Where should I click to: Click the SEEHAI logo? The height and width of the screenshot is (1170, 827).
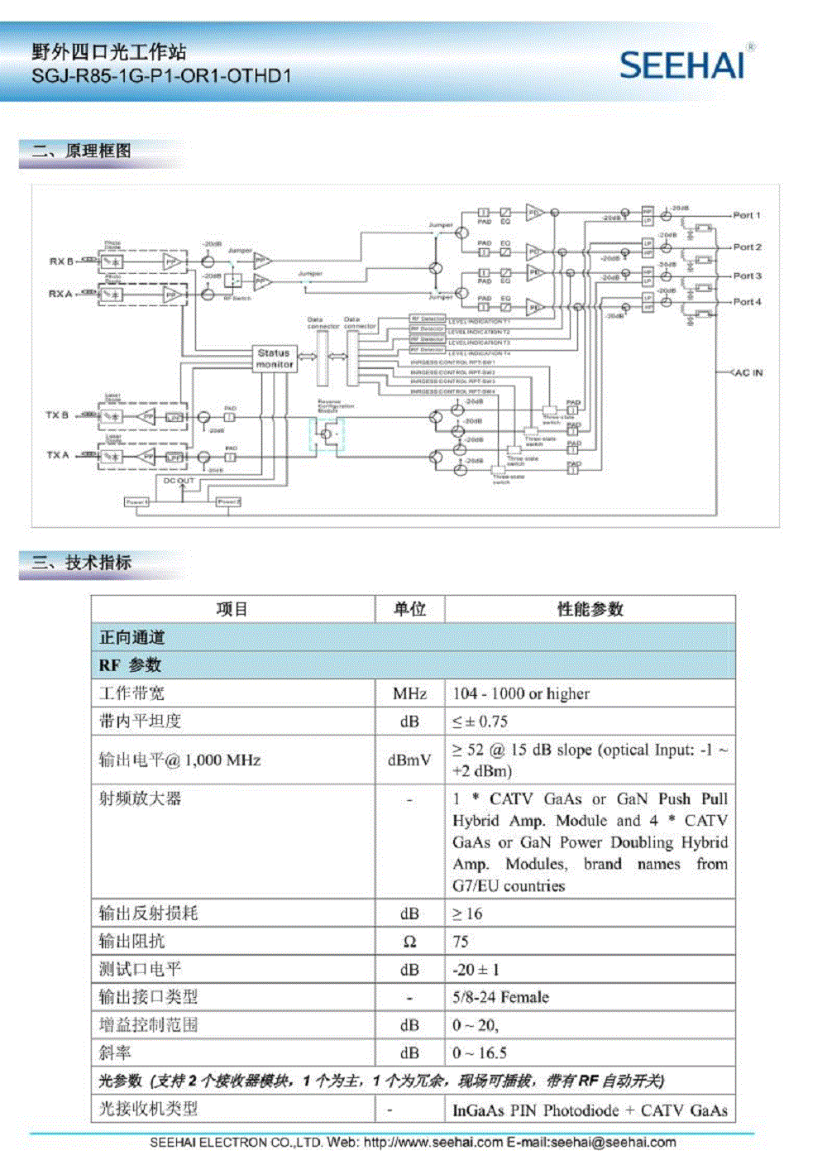(x=683, y=65)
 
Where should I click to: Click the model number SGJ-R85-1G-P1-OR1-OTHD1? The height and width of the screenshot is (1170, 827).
(x=161, y=77)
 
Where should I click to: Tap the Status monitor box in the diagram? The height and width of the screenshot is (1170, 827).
(x=274, y=358)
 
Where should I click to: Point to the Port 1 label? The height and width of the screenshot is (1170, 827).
(x=746, y=215)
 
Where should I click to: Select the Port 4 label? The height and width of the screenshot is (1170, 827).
(x=747, y=302)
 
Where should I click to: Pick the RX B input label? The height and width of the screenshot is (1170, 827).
(x=60, y=261)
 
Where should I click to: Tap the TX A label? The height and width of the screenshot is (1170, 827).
(x=57, y=455)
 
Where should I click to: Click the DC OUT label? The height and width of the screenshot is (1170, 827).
(x=179, y=481)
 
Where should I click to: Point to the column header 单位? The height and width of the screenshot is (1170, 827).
(x=409, y=609)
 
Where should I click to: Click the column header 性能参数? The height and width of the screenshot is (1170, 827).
(x=590, y=609)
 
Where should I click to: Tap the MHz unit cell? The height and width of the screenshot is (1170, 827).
(x=409, y=693)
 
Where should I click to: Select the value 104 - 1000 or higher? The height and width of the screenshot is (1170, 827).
(x=521, y=693)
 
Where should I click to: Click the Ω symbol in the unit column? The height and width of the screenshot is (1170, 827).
(x=409, y=942)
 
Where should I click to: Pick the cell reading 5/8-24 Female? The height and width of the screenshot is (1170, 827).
(x=500, y=997)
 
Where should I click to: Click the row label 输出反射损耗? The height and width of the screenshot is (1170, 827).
(x=148, y=913)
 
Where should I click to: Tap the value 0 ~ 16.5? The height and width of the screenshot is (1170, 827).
(x=480, y=1053)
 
